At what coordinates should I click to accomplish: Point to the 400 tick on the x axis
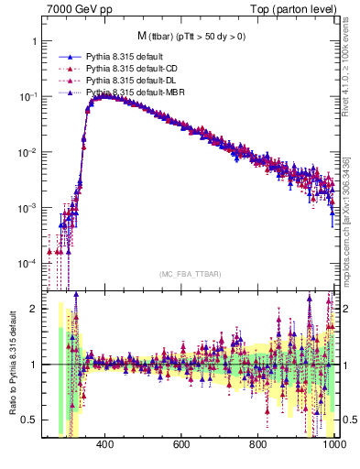[x=104, y=445]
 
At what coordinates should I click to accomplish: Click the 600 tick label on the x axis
[x=180, y=445]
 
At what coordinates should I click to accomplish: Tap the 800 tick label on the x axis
[x=257, y=445]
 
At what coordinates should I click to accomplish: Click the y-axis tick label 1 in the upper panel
[x=34, y=42]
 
